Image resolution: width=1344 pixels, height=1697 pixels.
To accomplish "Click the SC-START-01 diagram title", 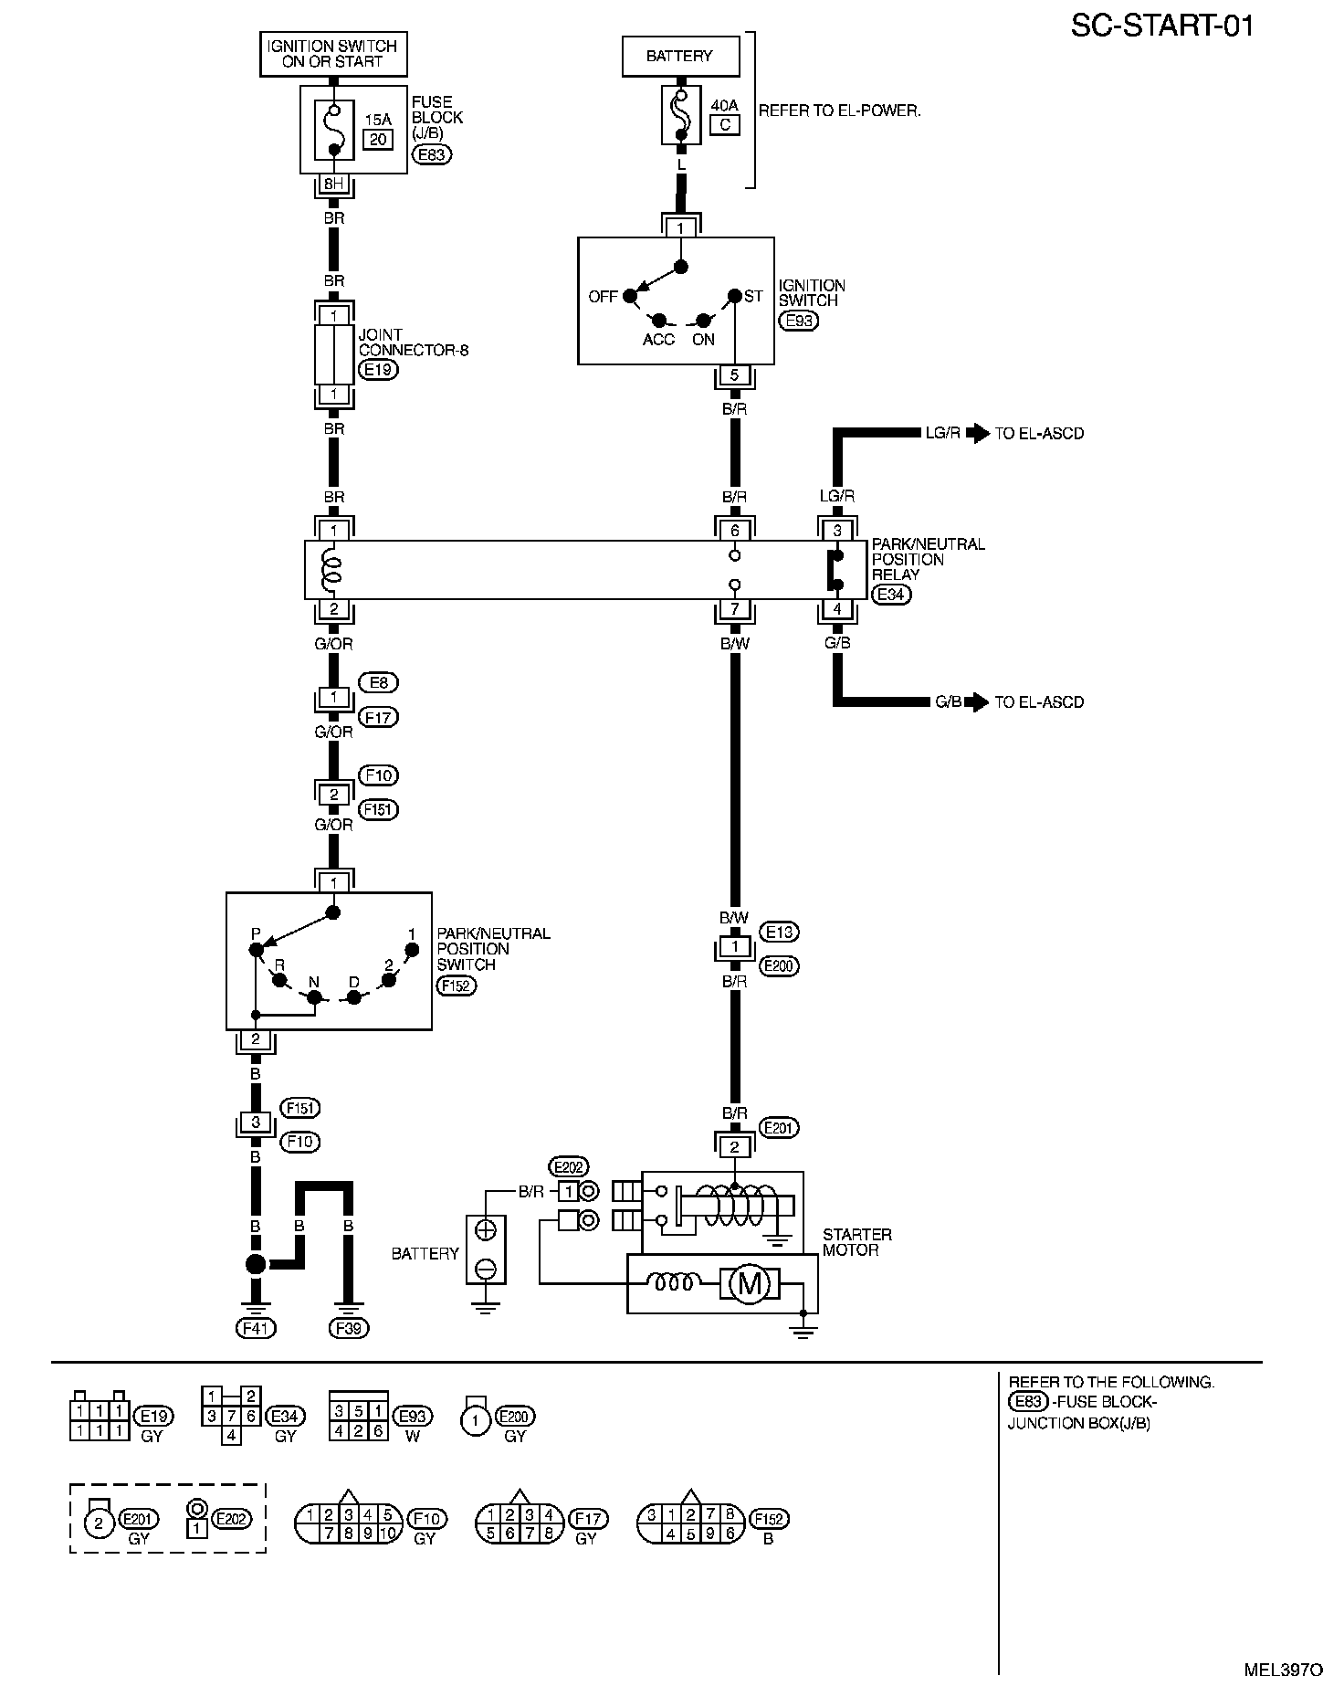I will click(x=1161, y=26).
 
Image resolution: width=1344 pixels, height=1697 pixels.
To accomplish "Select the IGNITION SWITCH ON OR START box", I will click(x=333, y=54).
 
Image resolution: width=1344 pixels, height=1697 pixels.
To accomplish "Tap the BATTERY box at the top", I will click(x=679, y=56).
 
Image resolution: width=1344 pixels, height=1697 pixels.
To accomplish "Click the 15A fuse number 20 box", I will click(x=378, y=139).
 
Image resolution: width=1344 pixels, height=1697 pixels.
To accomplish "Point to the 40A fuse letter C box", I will click(x=724, y=124).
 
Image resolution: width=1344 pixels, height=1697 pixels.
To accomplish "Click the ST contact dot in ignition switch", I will click(x=734, y=296).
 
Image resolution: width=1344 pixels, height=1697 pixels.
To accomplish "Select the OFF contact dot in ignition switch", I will click(x=629, y=296).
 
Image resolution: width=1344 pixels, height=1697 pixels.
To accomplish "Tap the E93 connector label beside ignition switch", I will click(x=797, y=321).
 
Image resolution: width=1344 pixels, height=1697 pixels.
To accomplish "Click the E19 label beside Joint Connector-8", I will click(x=378, y=370).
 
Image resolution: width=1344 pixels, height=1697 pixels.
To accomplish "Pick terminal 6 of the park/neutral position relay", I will click(x=735, y=531).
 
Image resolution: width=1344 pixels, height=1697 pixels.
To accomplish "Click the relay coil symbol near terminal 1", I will click(x=333, y=569).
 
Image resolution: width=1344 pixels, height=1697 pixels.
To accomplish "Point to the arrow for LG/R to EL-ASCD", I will click(x=978, y=433).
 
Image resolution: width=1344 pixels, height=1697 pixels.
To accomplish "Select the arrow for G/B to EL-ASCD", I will click(x=978, y=702).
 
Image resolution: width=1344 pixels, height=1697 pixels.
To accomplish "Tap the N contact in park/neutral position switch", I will click(x=314, y=997).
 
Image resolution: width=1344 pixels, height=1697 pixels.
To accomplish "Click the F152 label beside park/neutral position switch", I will click(x=457, y=986).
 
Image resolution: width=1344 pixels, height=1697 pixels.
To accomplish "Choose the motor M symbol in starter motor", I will click(x=749, y=1284).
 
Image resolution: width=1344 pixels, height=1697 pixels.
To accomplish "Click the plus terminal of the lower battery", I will click(x=486, y=1230).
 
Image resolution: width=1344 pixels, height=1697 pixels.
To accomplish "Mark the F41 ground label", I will click(x=256, y=1329).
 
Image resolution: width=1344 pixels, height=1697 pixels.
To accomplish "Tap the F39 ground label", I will click(x=348, y=1329).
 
